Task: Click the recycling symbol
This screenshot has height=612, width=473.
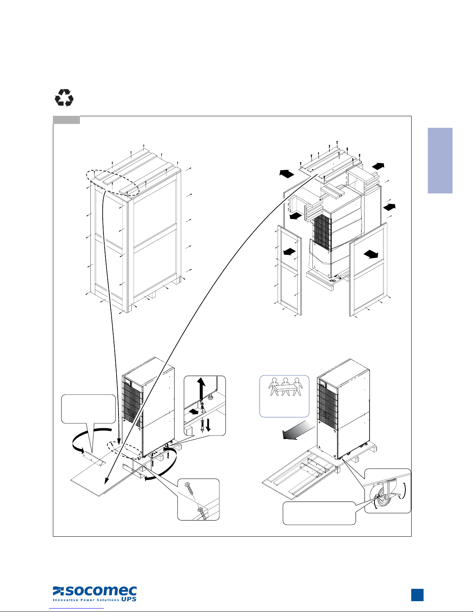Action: (x=64, y=98)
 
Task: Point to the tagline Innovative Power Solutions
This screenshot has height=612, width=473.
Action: (x=86, y=600)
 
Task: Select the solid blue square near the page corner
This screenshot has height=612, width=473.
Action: (x=417, y=595)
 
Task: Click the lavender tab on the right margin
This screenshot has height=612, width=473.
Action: (x=440, y=161)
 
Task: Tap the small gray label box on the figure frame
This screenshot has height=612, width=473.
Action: (x=66, y=120)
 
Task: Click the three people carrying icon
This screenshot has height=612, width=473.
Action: (x=285, y=387)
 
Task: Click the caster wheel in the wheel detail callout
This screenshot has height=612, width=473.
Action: (x=382, y=498)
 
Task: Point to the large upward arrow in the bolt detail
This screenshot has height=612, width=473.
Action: (x=201, y=389)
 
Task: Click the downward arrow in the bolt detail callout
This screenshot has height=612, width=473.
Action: (x=208, y=425)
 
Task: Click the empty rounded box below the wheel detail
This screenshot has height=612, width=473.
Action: (x=319, y=513)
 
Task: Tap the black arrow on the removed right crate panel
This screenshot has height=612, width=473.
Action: (x=371, y=254)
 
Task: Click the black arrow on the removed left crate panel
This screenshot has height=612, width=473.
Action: (x=290, y=251)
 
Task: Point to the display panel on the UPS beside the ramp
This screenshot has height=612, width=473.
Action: (x=322, y=383)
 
